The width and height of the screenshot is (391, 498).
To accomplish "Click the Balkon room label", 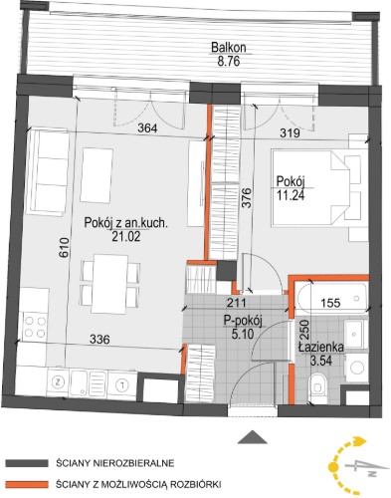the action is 229,48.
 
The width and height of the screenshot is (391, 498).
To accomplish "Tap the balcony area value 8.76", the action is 229,62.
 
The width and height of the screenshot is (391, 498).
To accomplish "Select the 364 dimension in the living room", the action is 147,128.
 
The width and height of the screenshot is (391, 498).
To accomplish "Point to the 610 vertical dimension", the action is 64,247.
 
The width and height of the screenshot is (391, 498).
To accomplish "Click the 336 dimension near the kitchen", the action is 99,339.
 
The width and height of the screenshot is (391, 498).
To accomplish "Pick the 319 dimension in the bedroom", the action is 290,132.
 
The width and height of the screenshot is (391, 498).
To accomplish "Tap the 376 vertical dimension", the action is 246,198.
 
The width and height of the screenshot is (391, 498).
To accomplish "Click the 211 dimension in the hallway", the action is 237,303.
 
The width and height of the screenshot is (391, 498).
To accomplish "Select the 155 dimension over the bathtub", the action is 330,303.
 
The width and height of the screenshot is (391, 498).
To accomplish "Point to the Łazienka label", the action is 320,348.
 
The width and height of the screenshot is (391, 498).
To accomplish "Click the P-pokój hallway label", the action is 243,321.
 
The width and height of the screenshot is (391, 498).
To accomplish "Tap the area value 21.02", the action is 126,236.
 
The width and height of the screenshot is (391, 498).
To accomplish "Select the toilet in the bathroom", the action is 317,387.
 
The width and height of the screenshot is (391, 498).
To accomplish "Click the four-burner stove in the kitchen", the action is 35,327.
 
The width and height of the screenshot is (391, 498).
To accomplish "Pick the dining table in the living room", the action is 110,284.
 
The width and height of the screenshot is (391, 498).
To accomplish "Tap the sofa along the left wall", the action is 49,171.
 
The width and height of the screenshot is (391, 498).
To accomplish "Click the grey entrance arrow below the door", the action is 253,436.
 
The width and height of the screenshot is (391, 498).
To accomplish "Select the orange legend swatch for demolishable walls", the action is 27,484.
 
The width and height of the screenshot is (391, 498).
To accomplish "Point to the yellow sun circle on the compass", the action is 333,467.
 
